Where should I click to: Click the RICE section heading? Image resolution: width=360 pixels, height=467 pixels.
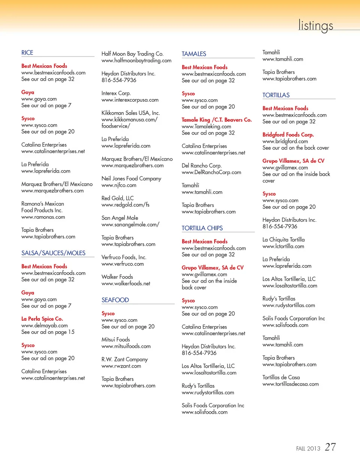click(27, 53)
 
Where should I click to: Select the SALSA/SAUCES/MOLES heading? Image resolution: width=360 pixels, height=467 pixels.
click(53, 253)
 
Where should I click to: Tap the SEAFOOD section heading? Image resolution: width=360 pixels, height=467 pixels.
click(115, 300)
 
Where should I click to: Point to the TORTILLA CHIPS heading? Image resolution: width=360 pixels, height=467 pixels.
click(202, 228)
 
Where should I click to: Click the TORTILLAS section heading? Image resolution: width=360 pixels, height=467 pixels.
click(276, 95)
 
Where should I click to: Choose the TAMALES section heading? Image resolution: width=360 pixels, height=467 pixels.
click(194, 54)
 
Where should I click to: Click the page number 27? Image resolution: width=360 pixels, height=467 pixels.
click(330, 447)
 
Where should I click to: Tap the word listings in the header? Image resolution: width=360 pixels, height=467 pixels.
click(315, 26)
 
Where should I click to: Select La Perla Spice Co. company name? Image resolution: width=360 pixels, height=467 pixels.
click(42, 319)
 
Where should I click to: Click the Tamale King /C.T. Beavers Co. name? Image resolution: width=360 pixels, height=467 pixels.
click(216, 120)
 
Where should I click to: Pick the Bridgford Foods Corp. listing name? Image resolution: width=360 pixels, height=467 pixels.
click(288, 135)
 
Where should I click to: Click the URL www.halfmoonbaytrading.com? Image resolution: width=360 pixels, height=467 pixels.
click(136, 61)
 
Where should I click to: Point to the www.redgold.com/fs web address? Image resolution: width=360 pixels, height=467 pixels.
click(125, 205)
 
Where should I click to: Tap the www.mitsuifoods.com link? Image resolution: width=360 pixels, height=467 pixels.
click(126, 346)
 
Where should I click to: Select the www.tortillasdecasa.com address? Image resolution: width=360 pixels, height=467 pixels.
click(291, 384)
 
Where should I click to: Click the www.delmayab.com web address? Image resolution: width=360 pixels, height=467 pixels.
click(45, 326)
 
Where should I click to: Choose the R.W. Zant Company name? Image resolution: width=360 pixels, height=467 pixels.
click(124, 359)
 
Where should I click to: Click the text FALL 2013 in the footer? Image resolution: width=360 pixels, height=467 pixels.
click(308, 449)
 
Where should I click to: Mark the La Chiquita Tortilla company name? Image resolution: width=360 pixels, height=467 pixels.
click(283, 240)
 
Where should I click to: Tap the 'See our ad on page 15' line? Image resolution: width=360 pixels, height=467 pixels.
click(48, 332)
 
